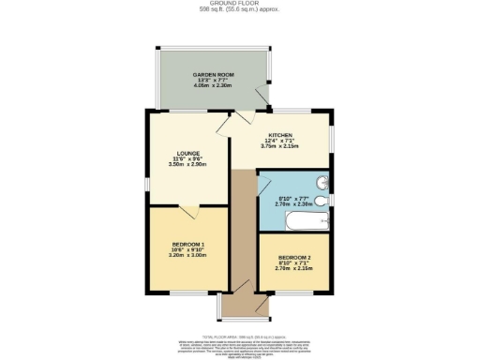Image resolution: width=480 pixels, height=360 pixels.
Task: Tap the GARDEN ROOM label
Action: coord(207,74)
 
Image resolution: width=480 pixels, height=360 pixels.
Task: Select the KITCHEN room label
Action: coord(280,135)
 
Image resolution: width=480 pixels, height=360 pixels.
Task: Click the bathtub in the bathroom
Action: coord(293,224)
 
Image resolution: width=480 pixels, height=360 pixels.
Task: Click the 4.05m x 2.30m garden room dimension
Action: coord(207,85)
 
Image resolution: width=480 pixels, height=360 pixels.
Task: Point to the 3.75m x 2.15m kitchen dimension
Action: coord(280,146)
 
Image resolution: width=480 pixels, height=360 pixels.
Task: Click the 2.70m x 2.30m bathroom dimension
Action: coord(292,202)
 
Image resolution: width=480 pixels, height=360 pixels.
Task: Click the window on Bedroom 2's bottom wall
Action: coord(295,292)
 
